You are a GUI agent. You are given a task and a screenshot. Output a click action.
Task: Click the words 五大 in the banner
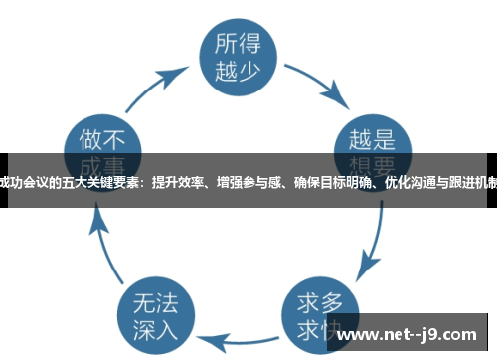pos(68,181)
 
